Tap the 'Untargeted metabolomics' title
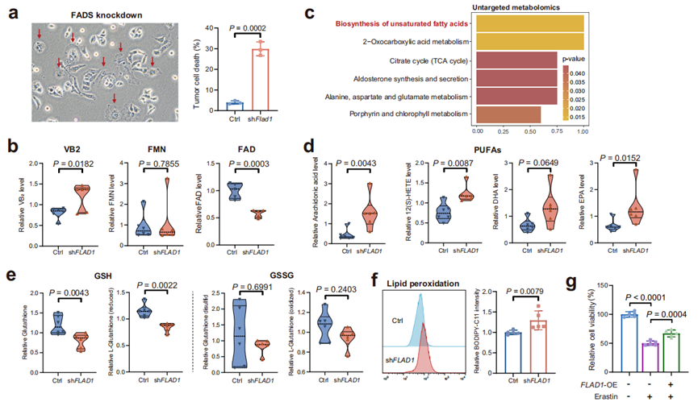(529, 7)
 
